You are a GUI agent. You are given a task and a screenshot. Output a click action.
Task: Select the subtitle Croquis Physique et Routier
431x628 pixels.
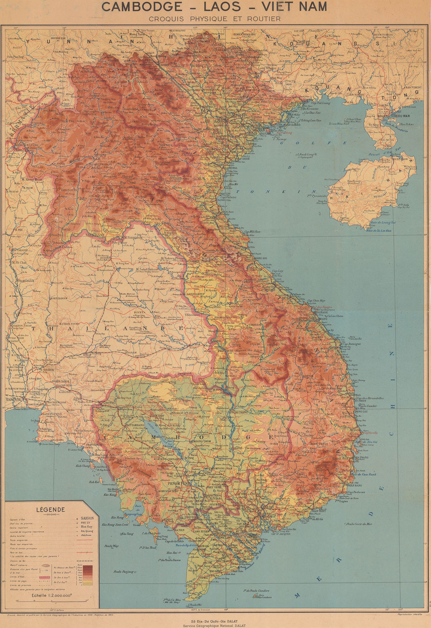(215, 18)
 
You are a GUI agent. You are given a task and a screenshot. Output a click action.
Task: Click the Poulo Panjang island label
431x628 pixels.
(123, 571)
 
